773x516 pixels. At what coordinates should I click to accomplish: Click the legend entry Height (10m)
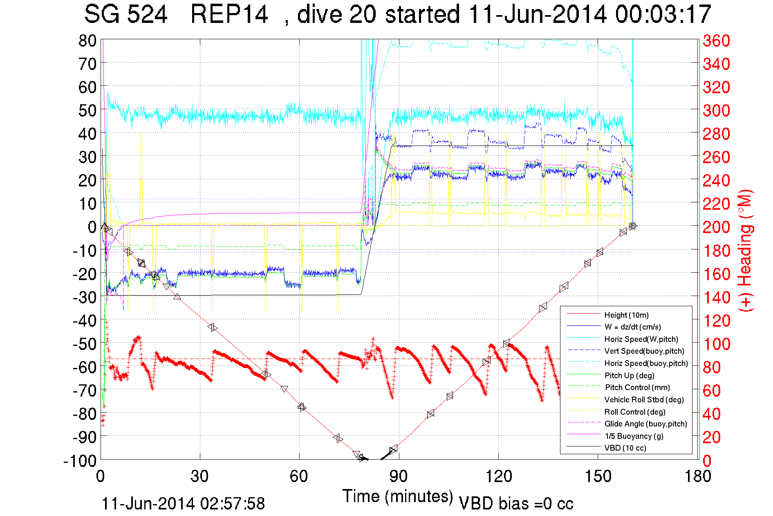click(626, 315)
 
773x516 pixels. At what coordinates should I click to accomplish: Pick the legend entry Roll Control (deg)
click(635, 412)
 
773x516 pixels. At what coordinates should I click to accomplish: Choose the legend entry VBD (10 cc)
click(625, 448)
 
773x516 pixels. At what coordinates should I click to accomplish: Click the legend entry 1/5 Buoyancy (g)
click(634, 436)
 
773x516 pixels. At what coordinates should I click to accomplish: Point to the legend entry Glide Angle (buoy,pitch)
click(646, 424)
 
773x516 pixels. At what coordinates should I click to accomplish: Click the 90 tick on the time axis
click(399, 476)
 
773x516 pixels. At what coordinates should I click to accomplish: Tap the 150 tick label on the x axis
click(598, 476)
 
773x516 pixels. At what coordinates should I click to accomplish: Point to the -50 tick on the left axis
click(85, 344)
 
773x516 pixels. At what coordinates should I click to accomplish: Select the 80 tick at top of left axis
click(87, 40)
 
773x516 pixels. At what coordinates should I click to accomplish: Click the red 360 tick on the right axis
click(716, 40)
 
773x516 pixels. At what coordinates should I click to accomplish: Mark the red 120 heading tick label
click(716, 321)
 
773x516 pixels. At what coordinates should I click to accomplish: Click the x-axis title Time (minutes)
click(398, 496)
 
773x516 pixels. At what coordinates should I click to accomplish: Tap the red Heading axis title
click(746, 250)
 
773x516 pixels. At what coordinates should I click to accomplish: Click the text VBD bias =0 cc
click(516, 504)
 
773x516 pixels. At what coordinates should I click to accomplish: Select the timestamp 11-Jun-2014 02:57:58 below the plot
click(183, 504)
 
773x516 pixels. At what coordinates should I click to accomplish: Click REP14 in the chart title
click(229, 15)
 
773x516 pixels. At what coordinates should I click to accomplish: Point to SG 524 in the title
click(126, 15)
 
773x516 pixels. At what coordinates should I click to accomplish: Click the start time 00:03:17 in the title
click(663, 15)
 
